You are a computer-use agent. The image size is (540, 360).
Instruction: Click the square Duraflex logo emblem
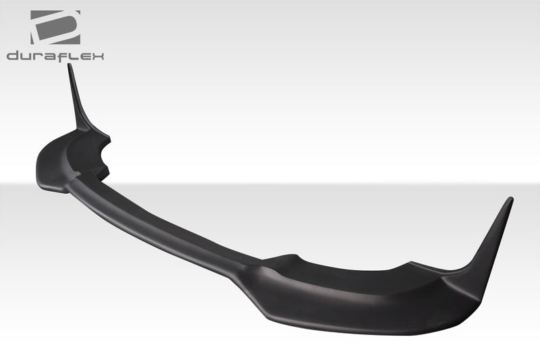pyautogui.click(x=55, y=28)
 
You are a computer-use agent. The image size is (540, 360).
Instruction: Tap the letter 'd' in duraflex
pyautogui.click(x=13, y=56)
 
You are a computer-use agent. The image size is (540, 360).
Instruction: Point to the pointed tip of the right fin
pyautogui.click(x=510, y=199)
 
